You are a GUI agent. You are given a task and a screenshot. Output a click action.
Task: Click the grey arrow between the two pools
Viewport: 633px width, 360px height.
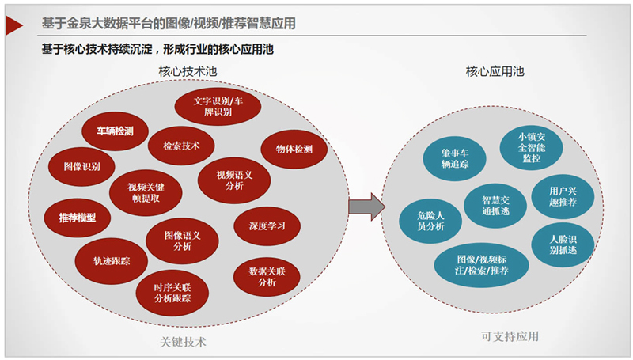click(366, 207)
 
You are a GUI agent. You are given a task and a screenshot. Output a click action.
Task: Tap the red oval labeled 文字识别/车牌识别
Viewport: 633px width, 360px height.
click(213, 106)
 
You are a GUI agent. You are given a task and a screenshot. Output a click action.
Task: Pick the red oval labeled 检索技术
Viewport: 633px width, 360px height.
click(181, 146)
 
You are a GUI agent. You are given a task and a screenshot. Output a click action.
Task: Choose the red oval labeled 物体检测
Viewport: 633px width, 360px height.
click(294, 149)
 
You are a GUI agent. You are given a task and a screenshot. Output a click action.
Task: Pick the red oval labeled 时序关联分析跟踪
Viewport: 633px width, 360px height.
click(172, 292)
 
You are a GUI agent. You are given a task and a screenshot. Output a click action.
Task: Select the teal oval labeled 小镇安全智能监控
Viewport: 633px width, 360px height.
click(532, 147)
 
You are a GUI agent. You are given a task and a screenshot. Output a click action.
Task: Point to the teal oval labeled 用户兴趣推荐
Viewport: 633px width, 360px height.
click(563, 195)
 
